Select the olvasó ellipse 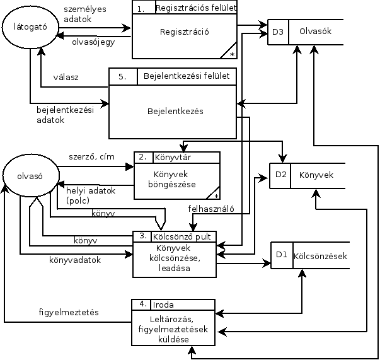tap(30, 177)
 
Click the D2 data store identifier tap(280, 175)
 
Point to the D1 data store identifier tap(282, 255)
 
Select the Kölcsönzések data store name tap(320, 256)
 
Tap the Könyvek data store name tap(316, 175)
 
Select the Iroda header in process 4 tap(163, 305)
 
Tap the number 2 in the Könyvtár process tap(142, 157)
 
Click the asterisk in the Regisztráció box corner tap(233, 55)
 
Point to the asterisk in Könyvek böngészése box tap(216, 196)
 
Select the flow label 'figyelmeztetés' tap(69, 312)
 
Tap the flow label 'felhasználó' tap(212, 208)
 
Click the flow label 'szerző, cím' tap(92, 157)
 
